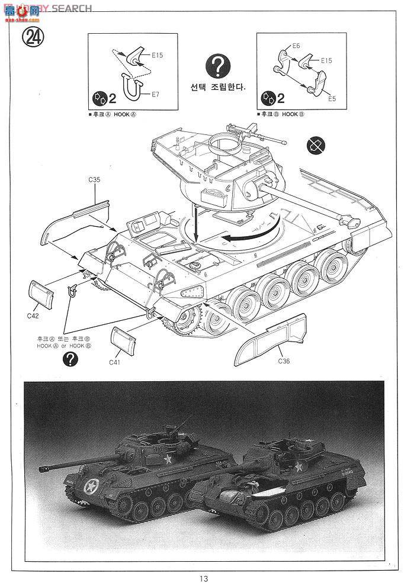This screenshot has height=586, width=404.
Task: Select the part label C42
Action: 33,315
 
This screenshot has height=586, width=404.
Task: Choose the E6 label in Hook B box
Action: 297,46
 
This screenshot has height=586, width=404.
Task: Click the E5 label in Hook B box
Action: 332,98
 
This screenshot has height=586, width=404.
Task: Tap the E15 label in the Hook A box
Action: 157,55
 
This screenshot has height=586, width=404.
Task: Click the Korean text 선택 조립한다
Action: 218,86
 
